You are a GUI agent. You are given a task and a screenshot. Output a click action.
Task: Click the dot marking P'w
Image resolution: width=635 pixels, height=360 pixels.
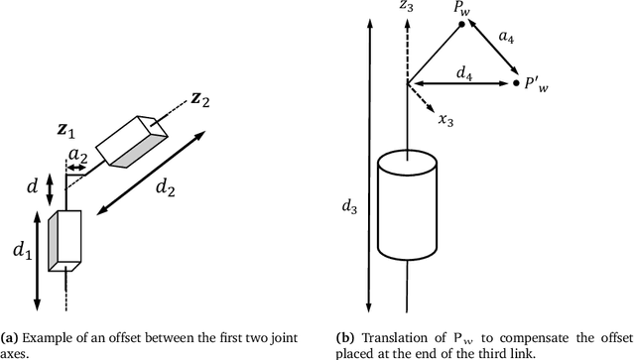[517, 85]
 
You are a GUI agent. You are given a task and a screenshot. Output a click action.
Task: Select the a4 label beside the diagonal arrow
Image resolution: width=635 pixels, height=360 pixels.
[507, 38]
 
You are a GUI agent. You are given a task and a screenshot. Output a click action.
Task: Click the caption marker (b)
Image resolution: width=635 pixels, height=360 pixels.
[342, 337]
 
